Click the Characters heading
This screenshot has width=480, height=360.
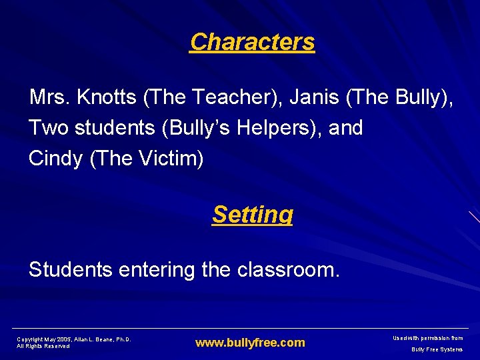252,42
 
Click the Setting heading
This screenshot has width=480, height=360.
252,215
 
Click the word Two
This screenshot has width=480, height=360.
49,127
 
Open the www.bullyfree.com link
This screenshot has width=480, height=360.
250,343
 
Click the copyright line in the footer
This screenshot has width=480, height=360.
73,339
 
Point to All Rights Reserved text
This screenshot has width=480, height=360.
43,346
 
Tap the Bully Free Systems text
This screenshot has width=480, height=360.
437,349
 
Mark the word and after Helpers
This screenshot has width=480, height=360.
346,127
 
